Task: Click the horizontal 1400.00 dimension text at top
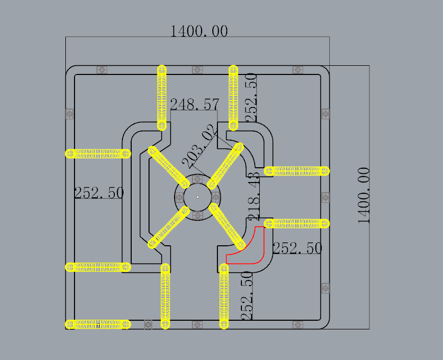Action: pyautogui.click(x=199, y=31)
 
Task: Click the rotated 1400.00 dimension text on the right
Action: pyautogui.click(x=364, y=196)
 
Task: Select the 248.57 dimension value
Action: pyautogui.click(x=194, y=105)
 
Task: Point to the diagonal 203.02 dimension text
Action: pyautogui.click(x=199, y=149)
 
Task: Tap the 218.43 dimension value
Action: pyautogui.click(x=254, y=196)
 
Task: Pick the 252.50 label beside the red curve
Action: pyautogui.click(x=297, y=248)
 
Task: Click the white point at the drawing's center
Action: pyautogui.click(x=198, y=197)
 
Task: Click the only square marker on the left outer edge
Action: pyautogui.click(x=70, y=113)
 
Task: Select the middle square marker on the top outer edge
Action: pyautogui.click(x=198, y=69)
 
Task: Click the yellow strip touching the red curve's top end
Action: pyautogui.click(x=297, y=223)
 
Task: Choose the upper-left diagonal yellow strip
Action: pyautogui.click(x=169, y=167)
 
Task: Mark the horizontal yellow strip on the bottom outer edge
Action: pyautogui.click(x=97, y=324)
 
